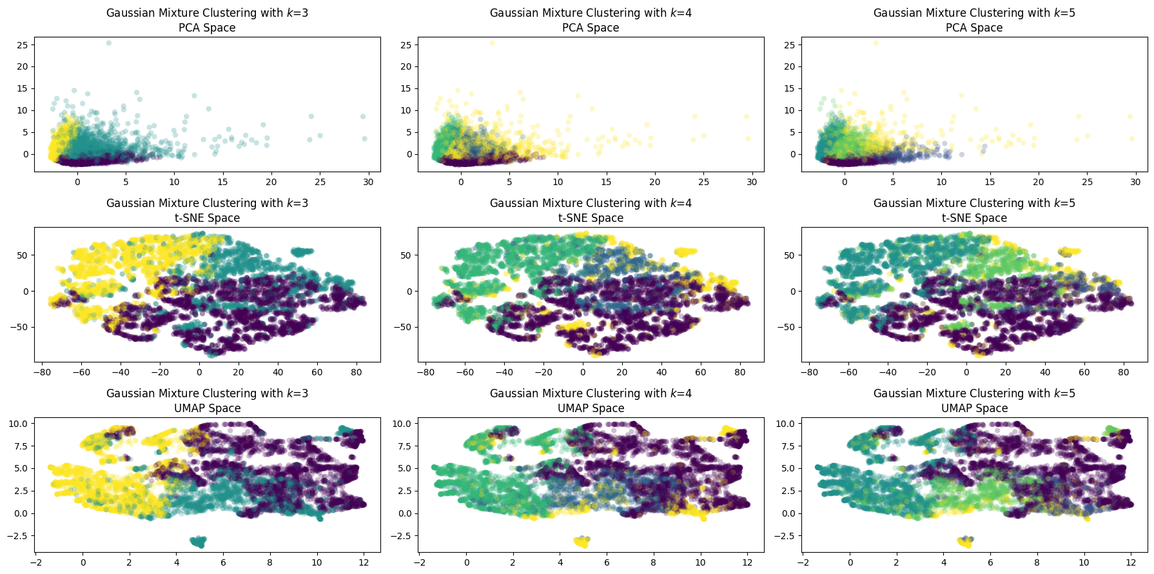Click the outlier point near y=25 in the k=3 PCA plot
coord(108,43)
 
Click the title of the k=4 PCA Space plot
coord(591,20)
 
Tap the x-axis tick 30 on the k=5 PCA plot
coord(1135,183)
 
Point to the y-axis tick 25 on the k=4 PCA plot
coord(406,45)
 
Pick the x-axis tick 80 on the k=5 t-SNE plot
coord(1124,372)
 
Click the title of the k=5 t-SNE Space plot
coord(974,210)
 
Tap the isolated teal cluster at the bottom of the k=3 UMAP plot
coord(199,541)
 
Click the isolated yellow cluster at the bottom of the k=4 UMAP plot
coord(582,541)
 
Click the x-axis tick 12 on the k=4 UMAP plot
coord(747,562)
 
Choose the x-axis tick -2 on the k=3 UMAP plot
coord(36,562)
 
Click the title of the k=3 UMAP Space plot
coord(207,401)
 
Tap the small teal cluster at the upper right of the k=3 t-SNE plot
coord(302,252)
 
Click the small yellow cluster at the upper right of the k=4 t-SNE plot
coord(685,252)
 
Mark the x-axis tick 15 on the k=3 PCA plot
coord(223,183)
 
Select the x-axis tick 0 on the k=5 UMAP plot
coord(850,562)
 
